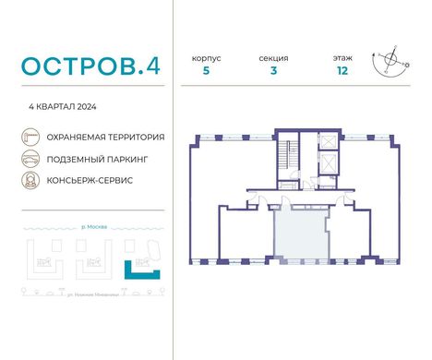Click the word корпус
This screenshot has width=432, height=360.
click(206, 57)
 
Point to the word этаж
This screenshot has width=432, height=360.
click(342, 57)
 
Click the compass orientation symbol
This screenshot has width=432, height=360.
click(392, 62)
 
